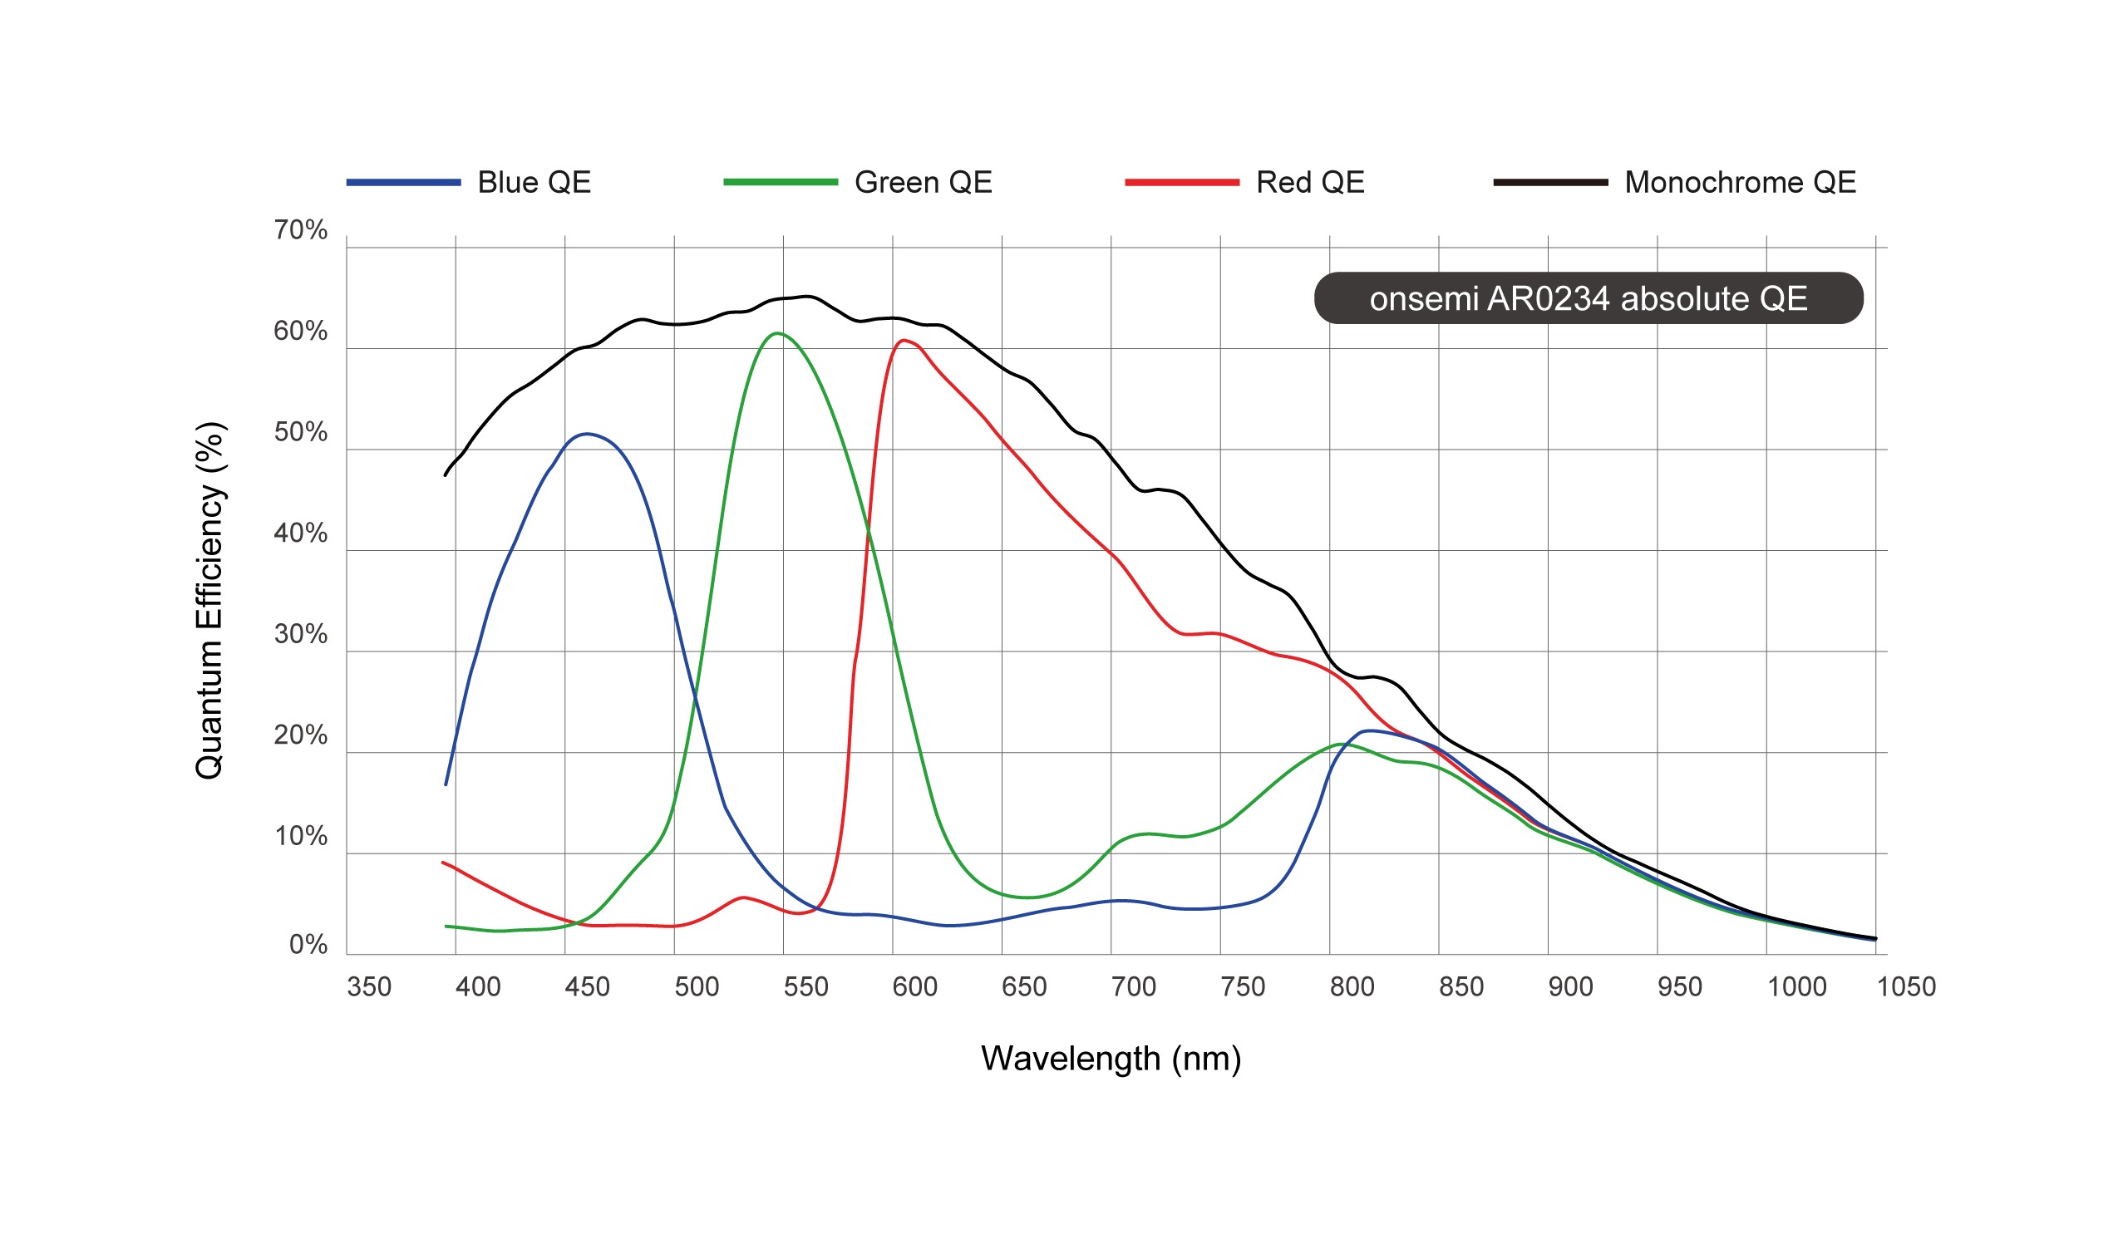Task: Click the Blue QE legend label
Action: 534,182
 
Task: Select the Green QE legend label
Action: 923,182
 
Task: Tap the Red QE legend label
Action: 1310,182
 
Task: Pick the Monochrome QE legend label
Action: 1740,182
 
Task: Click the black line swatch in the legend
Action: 1550,182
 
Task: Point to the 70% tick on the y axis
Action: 300,230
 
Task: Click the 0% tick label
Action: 308,945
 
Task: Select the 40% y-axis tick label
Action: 300,533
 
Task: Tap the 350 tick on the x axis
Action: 369,986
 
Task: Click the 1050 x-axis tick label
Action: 1906,986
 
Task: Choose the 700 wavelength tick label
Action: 1133,986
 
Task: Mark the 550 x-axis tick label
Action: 805,986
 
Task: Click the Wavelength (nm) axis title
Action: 1111,1059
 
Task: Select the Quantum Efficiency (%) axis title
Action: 209,600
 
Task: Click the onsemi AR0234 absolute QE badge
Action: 1588,298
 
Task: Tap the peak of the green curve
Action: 778,333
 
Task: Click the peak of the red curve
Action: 904,341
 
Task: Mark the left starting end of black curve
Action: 446,475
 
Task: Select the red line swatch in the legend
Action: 1181,182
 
